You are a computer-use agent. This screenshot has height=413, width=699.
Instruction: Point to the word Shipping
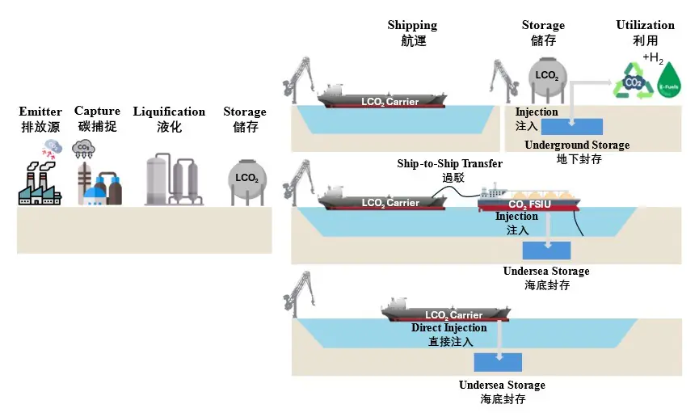[x=412, y=26]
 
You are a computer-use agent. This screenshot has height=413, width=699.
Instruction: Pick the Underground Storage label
[x=577, y=145]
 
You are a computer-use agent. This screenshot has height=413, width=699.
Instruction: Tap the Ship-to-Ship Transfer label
[x=449, y=164]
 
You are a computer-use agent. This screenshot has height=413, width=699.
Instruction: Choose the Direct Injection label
[x=448, y=328]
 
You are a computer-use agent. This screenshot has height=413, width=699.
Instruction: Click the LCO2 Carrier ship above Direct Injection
[x=444, y=311]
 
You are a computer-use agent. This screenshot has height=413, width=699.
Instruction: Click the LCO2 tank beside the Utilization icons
[x=547, y=75]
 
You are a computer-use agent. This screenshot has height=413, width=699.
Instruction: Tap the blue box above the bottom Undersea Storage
[x=498, y=362]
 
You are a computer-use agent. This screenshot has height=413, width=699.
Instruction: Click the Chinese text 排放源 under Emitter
[x=40, y=127]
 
